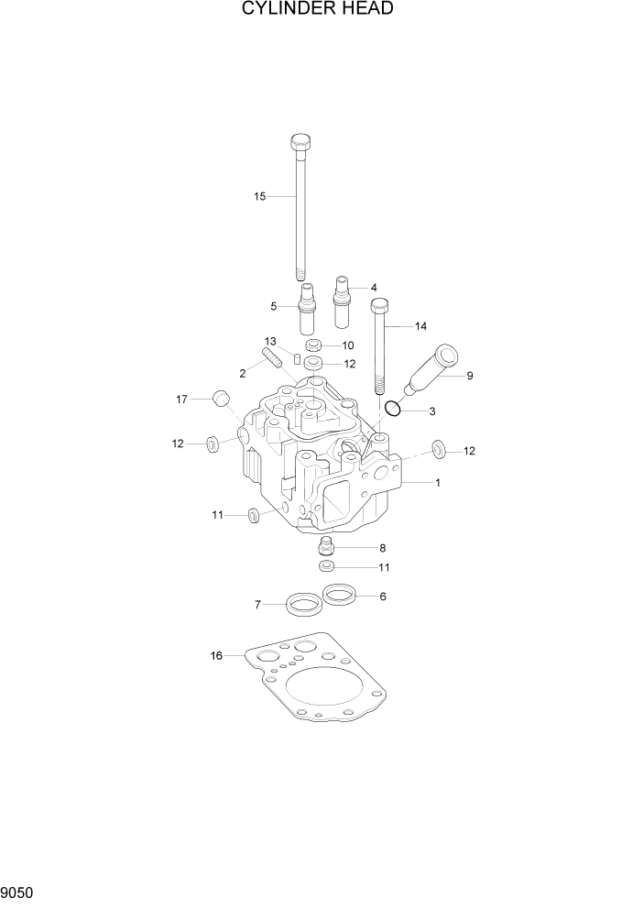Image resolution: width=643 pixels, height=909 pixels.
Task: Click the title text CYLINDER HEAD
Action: pos(318,10)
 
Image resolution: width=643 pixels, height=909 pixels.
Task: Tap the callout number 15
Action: pos(259,197)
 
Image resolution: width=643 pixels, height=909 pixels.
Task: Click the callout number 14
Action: pos(420,326)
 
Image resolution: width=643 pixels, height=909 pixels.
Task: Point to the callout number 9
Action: pos(470,375)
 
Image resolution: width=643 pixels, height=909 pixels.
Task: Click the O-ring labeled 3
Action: pos(391,408)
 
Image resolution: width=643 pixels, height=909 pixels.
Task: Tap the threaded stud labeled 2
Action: pos(271,355)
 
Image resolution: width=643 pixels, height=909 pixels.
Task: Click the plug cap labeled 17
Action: pos(220,400)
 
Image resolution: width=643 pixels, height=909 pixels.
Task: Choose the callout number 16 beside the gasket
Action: pos(216,655)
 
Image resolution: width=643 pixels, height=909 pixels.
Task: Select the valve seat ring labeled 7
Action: pos(304,604)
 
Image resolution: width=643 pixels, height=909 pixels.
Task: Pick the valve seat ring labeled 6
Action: pos(340,596)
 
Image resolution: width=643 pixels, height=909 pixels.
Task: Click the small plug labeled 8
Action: pos(323,549)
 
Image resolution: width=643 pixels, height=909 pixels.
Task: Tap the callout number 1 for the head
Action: pos(438,482)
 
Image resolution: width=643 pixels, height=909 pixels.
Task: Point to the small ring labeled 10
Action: pos(311,346)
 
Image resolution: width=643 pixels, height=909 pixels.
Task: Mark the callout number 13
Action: pos(271,341)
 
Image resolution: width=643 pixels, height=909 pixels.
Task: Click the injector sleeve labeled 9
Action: pos(431,371)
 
